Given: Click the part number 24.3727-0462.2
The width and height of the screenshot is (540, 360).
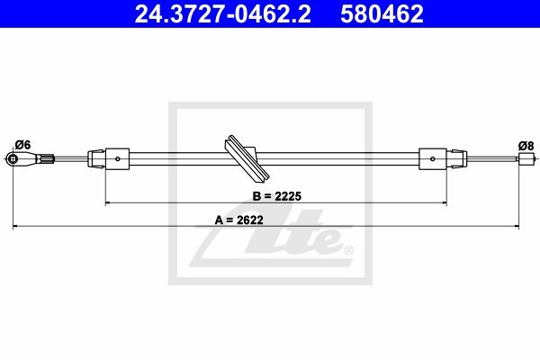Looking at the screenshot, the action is pyautogui.click(x=223, y=13).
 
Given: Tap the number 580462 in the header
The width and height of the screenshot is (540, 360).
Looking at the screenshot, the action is pyautogui.click(x=382, y=13).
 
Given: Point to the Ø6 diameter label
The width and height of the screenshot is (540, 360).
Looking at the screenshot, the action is pyautogui.click(x=23, y=145).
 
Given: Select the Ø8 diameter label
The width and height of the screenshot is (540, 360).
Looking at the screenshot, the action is pyautogui.click(x=526, y=146).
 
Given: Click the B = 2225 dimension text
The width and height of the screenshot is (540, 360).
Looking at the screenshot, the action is pyautogui.click(x=277, y=196).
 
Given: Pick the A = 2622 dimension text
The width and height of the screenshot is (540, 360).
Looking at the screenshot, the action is pyautogui.click(x=239, y=220).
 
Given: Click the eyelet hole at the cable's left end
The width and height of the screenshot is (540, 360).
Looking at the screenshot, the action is pyautogui.click(x=13, y=158).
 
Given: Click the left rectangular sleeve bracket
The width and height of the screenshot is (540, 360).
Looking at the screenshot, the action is pyautogui.click(x=117, y=158).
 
